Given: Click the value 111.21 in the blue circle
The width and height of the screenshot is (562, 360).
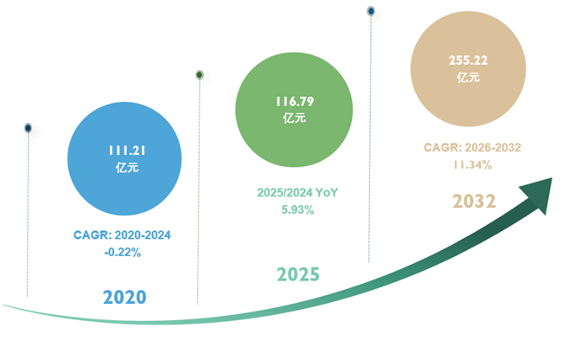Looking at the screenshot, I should click(125, 151).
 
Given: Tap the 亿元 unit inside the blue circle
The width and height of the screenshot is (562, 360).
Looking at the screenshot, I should click(125, 168).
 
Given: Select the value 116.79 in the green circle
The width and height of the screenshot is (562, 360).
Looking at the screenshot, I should click(295, 101).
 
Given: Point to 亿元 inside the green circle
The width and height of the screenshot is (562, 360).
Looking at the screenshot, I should click(295, 119).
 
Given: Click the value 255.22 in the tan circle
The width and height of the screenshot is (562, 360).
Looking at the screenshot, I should click(468, 60).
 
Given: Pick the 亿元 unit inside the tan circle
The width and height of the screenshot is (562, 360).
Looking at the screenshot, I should click(468, 77).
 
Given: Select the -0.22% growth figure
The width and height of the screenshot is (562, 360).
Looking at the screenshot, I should click(122, 253).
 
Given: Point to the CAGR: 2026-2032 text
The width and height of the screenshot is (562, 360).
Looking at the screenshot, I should click(472, 147).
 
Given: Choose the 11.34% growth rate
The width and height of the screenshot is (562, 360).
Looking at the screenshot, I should click(472, 164).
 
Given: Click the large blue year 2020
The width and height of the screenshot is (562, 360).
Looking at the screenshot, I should click(125, 297).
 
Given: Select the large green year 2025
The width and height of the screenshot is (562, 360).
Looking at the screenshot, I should click(298, 274).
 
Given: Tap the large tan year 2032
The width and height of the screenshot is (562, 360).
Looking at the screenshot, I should click(474, 201).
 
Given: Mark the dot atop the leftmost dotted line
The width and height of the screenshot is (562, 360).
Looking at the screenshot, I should click(28, 128).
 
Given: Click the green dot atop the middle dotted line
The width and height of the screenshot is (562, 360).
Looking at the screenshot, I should click(200, 74).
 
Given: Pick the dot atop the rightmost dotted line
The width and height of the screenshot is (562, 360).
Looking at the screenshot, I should click(371, 11).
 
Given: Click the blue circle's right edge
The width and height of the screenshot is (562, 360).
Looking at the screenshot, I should click(181, 159).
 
